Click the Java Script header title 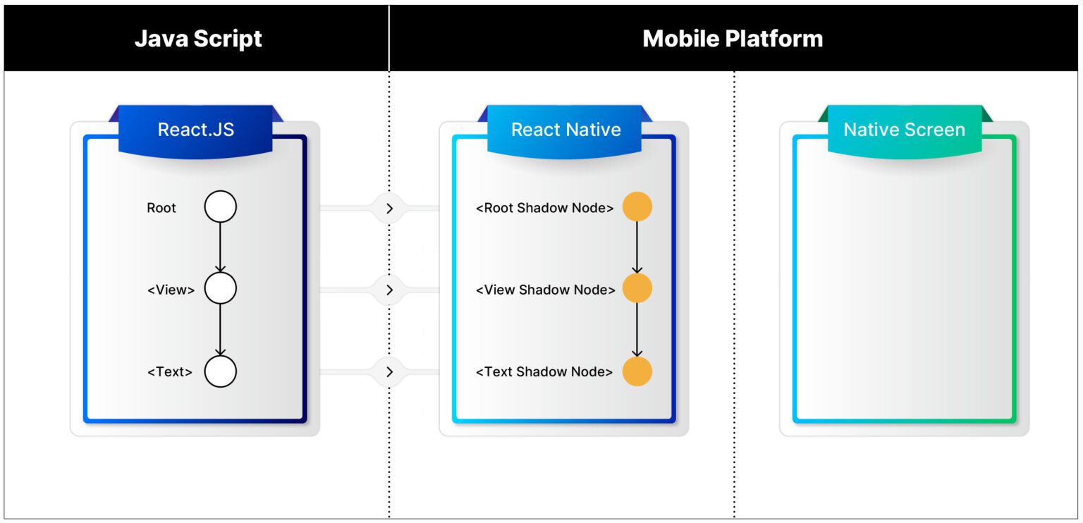[198, 38]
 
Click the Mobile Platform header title [733, 38]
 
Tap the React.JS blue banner [195, 130]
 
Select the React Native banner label [565, 130]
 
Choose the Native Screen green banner [904, 130]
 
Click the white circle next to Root [221, 207]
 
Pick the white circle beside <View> [221, 289]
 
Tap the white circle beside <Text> [221, 371]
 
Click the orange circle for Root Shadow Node [637, 207]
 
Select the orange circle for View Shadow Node [637, 289]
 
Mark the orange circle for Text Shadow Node [637, 371]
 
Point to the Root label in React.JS [161, 208]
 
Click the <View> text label [171, 290]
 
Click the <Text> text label [169, 372]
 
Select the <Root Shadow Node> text [544, 208]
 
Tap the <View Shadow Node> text [545, 290]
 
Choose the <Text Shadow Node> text [544, 372]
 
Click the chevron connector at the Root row [389, 208]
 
